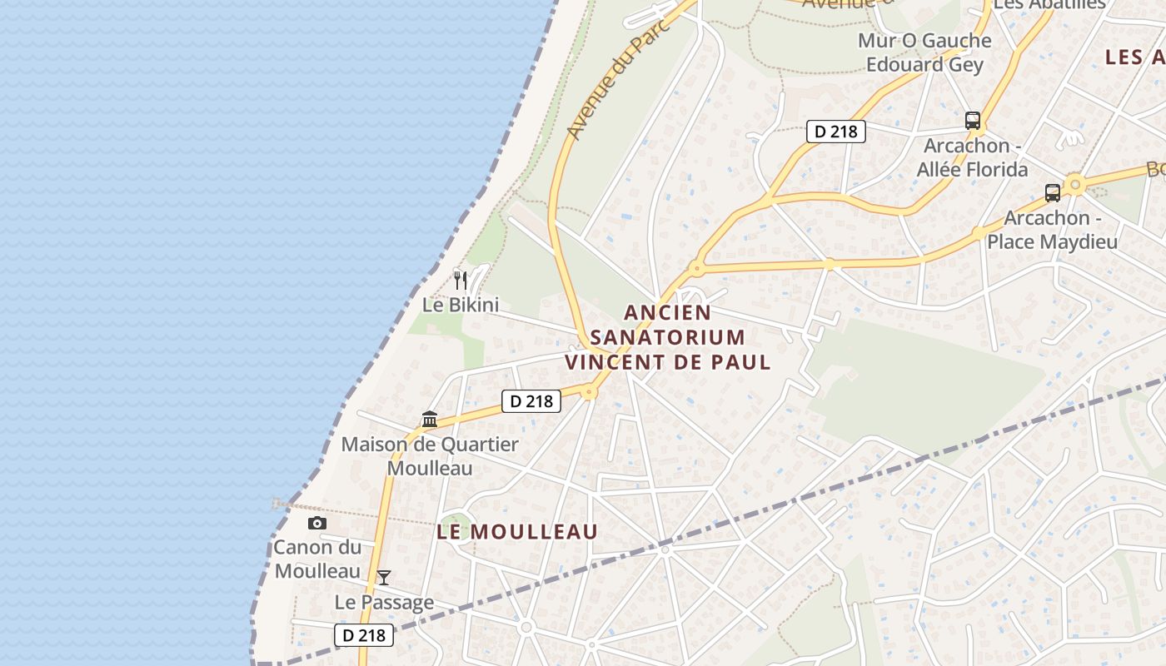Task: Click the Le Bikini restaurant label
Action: click(461, 305)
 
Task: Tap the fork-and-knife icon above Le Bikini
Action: click(461, 280)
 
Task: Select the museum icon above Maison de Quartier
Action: click(430, 419)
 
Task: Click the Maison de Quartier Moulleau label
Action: click(430, 456)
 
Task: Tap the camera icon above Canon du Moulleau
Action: click(317, 523)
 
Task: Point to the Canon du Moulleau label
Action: click(317, 559)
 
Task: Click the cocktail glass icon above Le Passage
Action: click(384, 577)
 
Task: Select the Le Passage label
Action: click(384, 602)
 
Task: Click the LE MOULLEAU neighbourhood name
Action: click(517, 531)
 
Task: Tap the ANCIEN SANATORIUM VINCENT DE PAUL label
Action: click(668, 337)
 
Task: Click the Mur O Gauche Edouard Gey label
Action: click(924, 52)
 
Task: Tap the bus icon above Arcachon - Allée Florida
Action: click(973, 120)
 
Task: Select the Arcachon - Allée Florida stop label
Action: click(972, 157)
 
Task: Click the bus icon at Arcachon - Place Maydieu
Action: click(1053, 193)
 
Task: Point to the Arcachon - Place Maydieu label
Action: click(1052, 230)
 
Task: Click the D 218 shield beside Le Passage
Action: click(364, 635)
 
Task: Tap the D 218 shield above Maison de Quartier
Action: click(531, 401)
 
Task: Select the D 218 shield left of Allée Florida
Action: click(836, 131)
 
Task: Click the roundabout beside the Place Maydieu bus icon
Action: click(1075, 183)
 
